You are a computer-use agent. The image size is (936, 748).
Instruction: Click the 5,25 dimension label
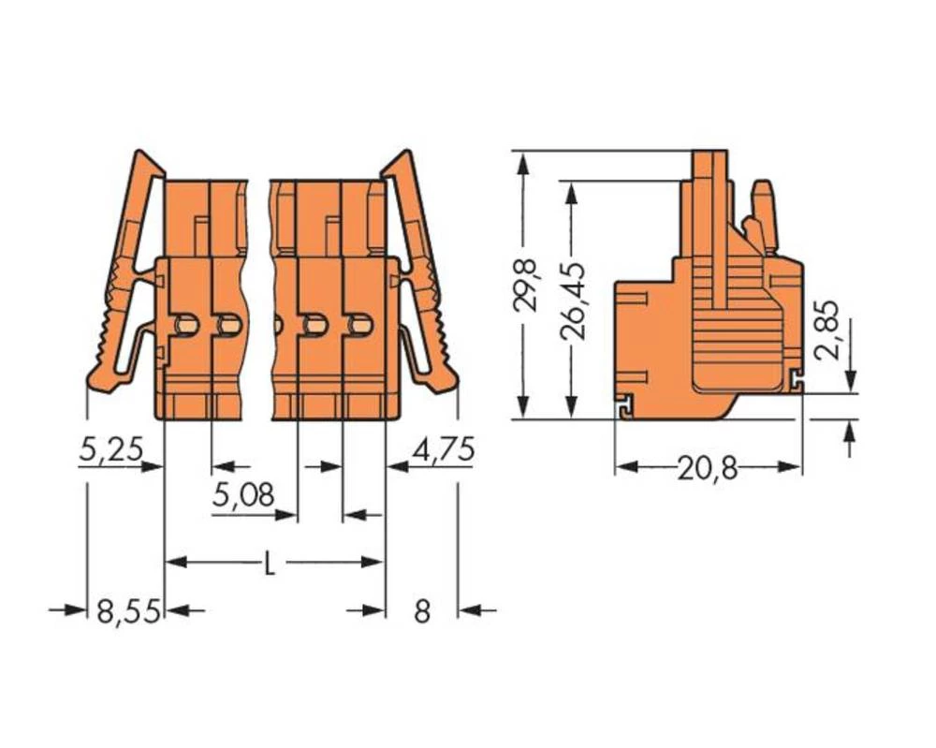click(x=110, y=450)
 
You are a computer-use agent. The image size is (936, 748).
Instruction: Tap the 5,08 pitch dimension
click(x=242, y=495)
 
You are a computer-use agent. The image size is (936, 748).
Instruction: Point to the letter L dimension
click(x=270, y=564)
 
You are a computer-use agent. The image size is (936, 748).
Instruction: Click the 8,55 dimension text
click(x=128, y=612)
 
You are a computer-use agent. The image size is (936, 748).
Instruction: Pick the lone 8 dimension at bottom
click(x=422, y=612)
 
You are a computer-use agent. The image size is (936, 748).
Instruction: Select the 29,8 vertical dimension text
click(x=530, y=286)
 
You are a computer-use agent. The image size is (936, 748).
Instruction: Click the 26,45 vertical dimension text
click(x=573, y=300)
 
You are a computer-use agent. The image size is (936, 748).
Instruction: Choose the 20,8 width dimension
click(x=709, y=468)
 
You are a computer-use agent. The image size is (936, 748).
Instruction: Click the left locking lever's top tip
click(x=143, y=157)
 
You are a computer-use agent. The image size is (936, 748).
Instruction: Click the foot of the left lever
click(x=104, y=380)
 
